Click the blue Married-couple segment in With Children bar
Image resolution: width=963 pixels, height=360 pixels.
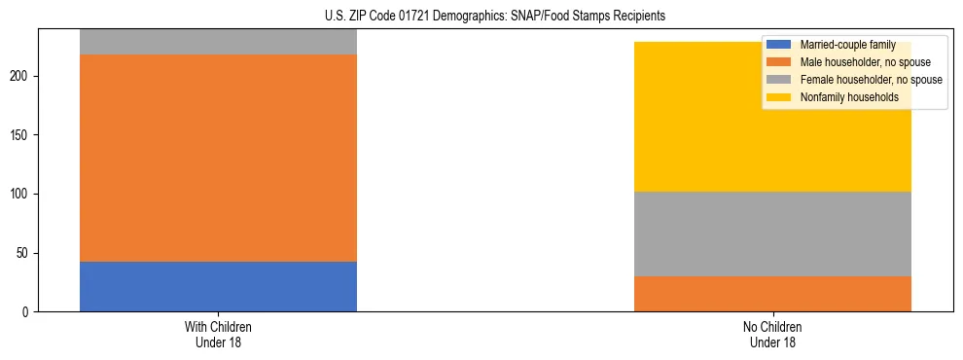click(218, 286)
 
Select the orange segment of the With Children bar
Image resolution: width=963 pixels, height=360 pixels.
click(218, 158)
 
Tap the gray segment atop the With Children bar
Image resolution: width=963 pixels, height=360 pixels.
click(218, 42)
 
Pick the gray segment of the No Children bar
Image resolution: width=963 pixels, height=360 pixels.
click(772, 234)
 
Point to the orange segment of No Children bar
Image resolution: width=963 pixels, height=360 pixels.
click(772, 294)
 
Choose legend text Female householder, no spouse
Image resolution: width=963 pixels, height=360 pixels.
click(871, 80)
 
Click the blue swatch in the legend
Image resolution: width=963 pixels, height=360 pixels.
click(779, 45)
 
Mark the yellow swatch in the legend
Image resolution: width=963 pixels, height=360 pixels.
click(779, 97)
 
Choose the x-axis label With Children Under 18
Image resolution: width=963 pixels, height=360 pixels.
click(218, 334)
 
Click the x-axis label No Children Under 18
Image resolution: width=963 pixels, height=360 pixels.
click(772, 334)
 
